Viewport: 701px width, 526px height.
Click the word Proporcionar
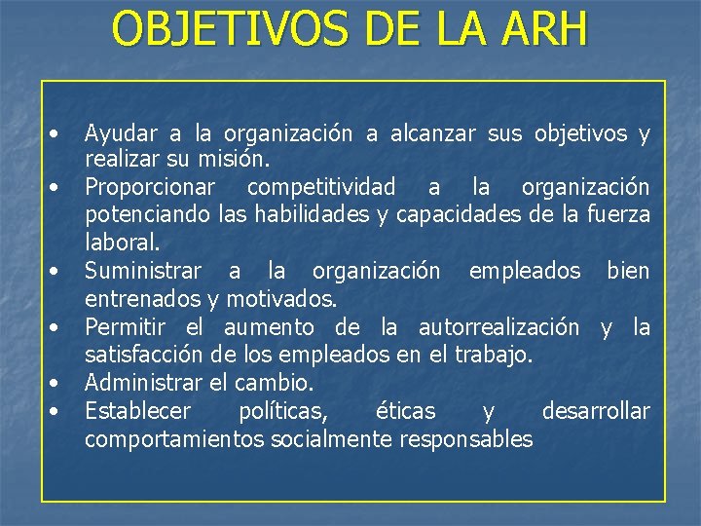(154, 186)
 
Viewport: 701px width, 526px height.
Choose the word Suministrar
(143, 270)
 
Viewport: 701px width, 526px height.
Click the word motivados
(285, 297)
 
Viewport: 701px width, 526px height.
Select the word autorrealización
(498, 327)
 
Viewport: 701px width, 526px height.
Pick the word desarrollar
(595, 411)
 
